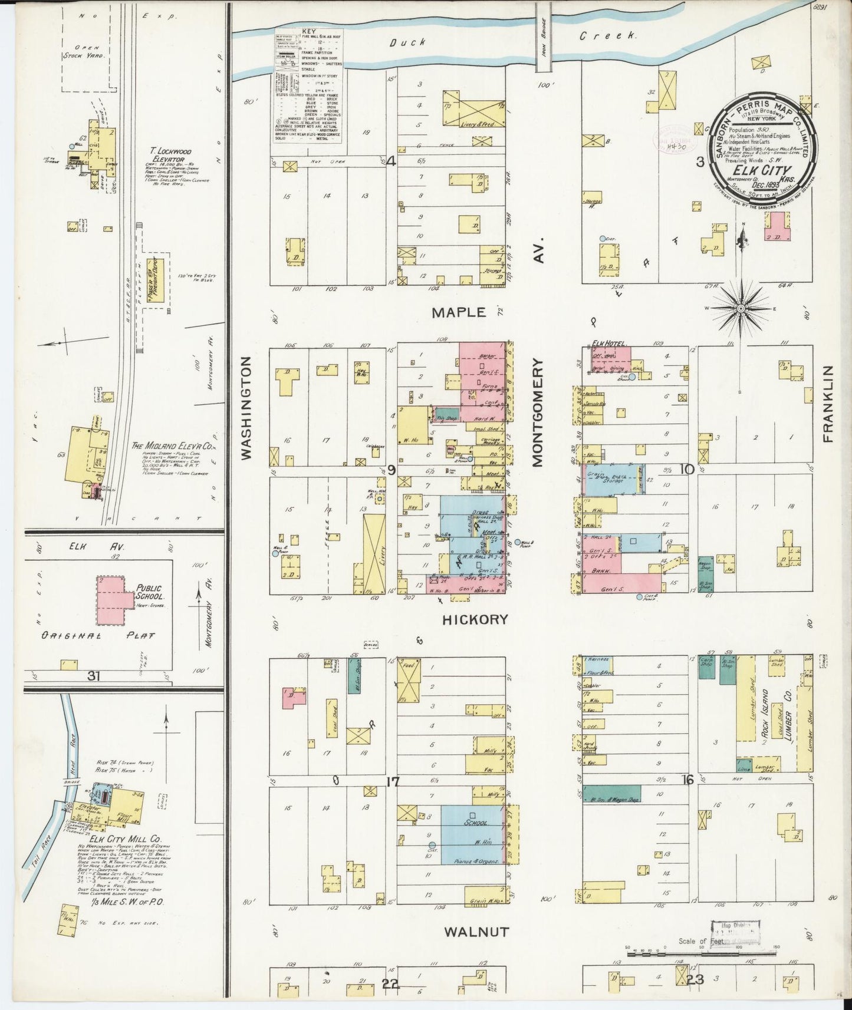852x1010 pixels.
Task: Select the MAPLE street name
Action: [458, 312]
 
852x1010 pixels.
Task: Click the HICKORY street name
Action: [475, 619]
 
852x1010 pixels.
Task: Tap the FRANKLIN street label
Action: [828, 404]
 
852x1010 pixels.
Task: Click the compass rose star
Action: [741, 307]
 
